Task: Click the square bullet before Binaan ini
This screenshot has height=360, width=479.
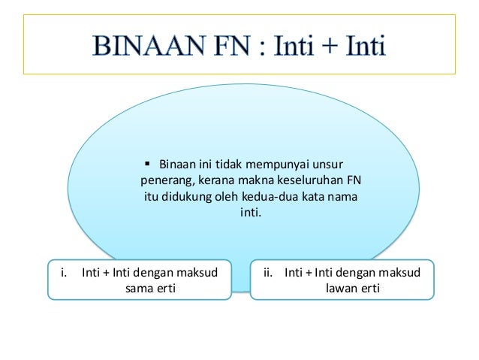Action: pyautogui.click(x=147, y=162)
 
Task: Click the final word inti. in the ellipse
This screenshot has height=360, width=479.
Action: pyautogui.click(x=251, y=213)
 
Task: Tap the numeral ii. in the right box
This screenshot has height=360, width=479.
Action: pyautogui.click(x=267, y=272)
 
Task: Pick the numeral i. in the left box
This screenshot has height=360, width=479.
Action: pyautogui.click(x=63, y=272)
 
